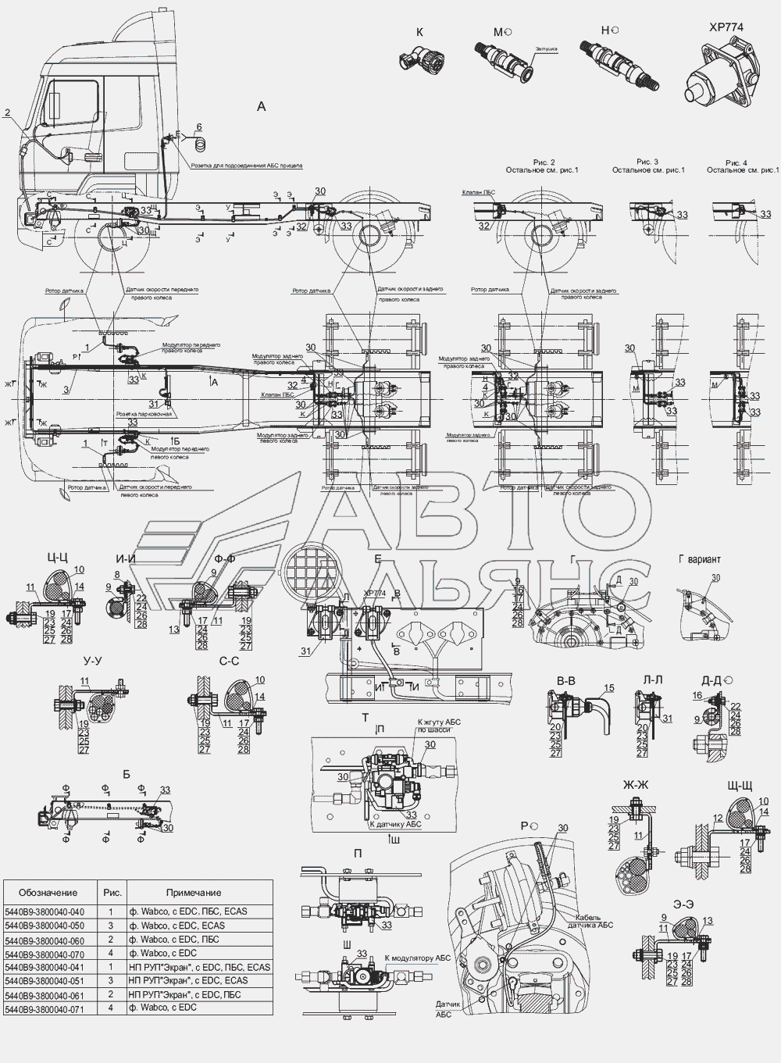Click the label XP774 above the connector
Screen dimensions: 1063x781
coord(726,26)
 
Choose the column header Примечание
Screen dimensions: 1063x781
coord(193,893)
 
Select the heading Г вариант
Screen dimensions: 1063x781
coord(700,559)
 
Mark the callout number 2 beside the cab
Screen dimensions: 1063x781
coord(7,112)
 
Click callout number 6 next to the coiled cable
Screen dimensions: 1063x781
coord(198,127)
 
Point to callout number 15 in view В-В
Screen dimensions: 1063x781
coord(609,688)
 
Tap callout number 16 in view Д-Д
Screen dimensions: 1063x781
coord(697,694)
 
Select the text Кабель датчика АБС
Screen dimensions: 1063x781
coord(594,920)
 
